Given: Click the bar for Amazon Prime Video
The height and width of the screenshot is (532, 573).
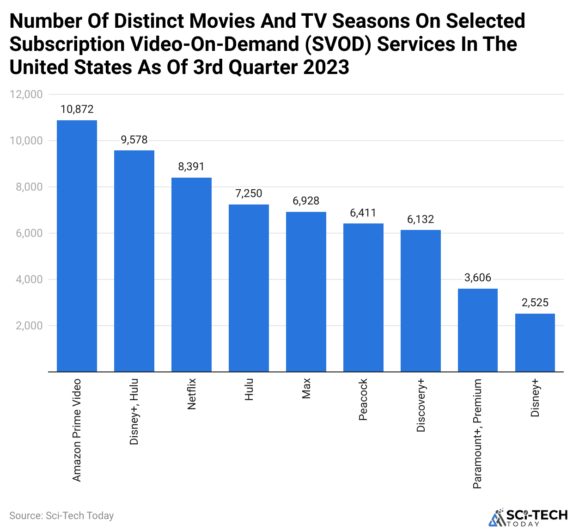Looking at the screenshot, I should pos(77,246).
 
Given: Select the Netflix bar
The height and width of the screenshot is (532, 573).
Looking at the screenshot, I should pos(191,274).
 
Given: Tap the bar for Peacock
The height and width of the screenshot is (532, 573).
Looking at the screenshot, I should pos(363,297).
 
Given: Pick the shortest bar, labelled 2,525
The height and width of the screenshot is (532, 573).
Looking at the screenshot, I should pos(535,342).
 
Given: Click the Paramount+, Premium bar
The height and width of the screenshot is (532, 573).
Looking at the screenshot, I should pos(478,330).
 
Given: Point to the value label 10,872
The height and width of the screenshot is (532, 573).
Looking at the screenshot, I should pos(77,109).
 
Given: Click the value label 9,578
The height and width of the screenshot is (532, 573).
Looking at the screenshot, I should pos(134,140).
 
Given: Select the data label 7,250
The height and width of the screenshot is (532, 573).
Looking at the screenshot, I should pos(249,193).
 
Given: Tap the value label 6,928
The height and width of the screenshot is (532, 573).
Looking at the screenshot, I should pos(306,201).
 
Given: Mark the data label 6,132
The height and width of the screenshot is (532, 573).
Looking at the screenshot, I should pos(421,219).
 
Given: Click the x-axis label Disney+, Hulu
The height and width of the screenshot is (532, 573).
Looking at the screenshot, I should pos(134,412).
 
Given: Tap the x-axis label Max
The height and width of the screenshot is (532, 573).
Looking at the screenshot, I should pos(306,388).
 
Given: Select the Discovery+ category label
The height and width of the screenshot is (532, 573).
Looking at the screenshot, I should pos(421,405).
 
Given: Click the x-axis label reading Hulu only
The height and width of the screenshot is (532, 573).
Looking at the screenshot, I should pos(249,390).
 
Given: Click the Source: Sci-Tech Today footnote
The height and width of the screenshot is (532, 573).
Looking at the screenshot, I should pos(61,516).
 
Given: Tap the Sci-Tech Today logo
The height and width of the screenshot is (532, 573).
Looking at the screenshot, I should pos(528,518).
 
